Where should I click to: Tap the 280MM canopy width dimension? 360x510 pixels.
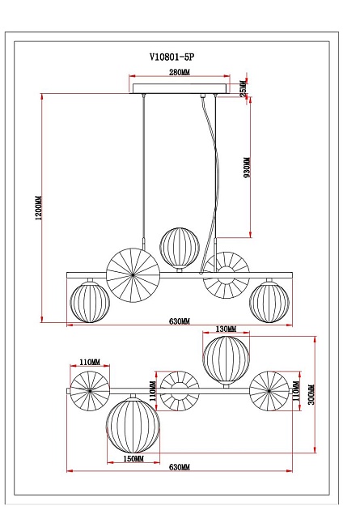pos(179,73)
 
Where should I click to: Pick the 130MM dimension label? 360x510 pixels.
pos(227,329)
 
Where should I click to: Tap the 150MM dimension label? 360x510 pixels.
pos(134,459)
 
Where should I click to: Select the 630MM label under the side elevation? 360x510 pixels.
pos(180,321)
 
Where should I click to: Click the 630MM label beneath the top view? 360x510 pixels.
pos(180,468)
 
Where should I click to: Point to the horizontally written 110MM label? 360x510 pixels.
pos(90,362)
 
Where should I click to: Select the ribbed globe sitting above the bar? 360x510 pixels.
pos(179,247)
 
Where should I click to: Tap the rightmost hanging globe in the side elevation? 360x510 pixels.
pos(270,301)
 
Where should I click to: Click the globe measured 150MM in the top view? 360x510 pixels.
pos(134,423)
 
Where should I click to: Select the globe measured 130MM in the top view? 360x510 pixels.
pos(227,360)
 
